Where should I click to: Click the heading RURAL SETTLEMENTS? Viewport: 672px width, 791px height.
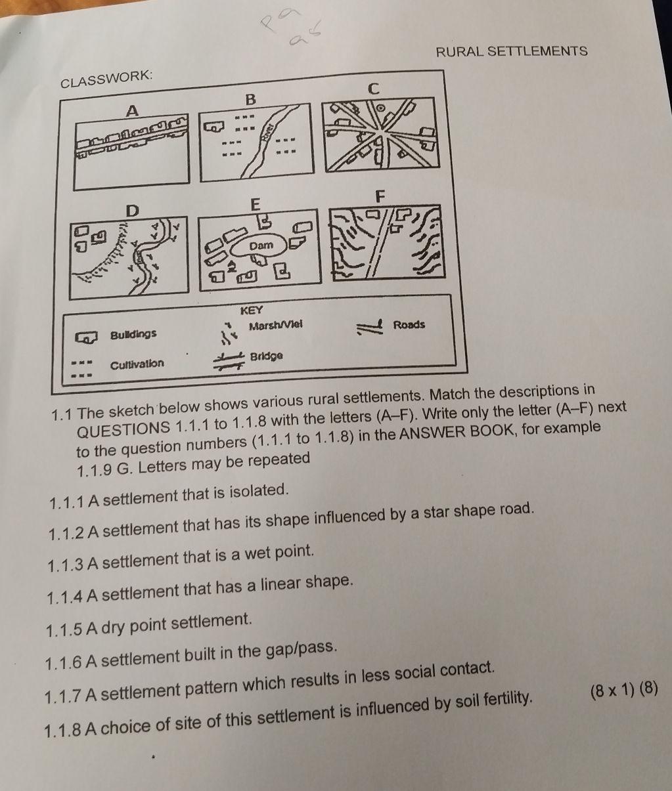pyautogui.click(x=512, y=51)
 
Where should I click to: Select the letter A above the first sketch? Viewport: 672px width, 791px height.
pyautogui.click(x=133, y=111)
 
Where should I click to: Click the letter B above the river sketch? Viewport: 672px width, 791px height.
pyautogui.click(x=250, y=100)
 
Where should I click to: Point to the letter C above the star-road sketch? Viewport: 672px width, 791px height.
pyautogui.click(x=374, y=88)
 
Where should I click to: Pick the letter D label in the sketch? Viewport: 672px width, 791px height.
pyautogui.click(x=133, y=211)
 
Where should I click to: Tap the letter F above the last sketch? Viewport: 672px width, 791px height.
pyautogui.click(x=378, y=196)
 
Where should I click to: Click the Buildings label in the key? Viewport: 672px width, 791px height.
pyautogui.click(x=133, y=334)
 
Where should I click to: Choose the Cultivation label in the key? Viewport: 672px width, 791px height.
pyautogui.click(x=137, y=364)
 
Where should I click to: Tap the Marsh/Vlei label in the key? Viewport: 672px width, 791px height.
pyautogui.click(x=275, y=326)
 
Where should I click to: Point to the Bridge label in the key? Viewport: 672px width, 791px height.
pyautogui.click(x=267, y=356)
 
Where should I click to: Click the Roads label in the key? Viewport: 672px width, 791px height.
pyautogui.click(x=409, y=324)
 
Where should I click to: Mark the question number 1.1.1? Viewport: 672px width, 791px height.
pyautogui.click(x=67, y=502)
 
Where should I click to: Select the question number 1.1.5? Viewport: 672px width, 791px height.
pyautogui.click(x=64, y=630)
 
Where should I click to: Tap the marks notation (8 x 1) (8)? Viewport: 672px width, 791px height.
pyautogui.click(x=623, y=690)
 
